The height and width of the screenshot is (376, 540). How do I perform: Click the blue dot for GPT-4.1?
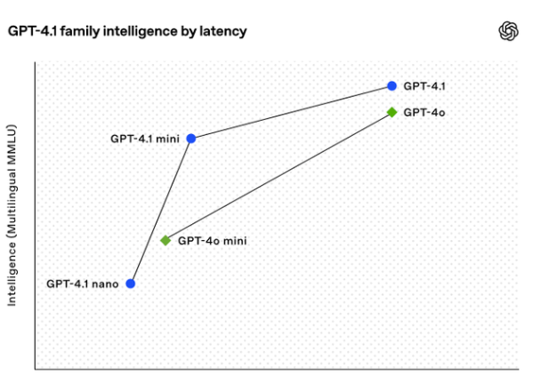[391, 86]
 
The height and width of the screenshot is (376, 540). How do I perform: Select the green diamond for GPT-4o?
[391, 112]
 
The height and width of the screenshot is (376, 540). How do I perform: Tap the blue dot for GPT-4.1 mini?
[191, 139]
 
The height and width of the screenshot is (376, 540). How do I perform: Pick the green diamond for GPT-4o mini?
[165, 240]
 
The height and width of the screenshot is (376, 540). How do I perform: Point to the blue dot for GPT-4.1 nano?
[131, 284]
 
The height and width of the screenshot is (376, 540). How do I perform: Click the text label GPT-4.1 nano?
[83, 284]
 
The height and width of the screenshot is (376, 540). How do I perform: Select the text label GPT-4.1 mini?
[144, 139]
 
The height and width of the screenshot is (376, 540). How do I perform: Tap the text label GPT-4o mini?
[212, 240]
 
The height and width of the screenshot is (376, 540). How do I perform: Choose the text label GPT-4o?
[423, 113]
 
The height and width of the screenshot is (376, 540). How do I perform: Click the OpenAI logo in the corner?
[507, 31]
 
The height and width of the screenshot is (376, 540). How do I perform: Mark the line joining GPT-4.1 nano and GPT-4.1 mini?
[161, 211]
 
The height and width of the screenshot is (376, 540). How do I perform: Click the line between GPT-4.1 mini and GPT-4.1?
[292, 112]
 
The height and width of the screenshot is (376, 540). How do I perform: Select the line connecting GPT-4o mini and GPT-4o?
[278, 176]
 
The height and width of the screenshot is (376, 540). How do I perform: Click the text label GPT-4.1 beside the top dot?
[424, 86]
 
